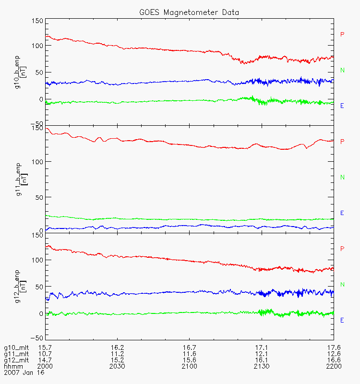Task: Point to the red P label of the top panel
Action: click(x=342, y=35)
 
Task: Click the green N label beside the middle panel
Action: click(x=342, y=178)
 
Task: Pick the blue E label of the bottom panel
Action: click(x=342, y=320)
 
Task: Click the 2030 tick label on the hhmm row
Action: click(x=118, y=366)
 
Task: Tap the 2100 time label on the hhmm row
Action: click(x=190, y=366)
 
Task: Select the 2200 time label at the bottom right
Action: click(x=334, y=366)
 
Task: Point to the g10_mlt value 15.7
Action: click(x=45, y=348)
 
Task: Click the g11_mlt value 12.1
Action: click(x=262, y=354)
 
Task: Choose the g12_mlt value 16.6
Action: click(x=334, y=360)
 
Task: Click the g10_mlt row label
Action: click(x=17, y=348)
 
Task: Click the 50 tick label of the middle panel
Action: click(x=39, y=197)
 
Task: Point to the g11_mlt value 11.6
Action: click(x=190, y=354)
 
